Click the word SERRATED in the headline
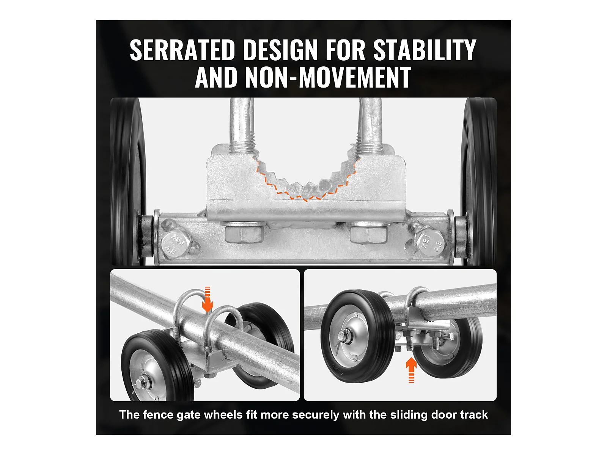[182, 50]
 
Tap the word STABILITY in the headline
[425, 50]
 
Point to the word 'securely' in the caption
[316, 415]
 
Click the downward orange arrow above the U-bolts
[207, 300]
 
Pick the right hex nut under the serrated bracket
[368, 233]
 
